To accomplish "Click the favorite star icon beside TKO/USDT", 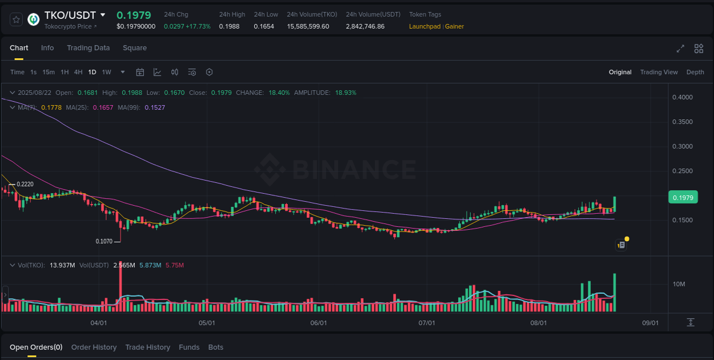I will pyautogui.click(x=17, y=19).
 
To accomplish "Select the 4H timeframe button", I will pyautogui.click(x=78, y=72).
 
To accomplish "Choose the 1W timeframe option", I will pyautogui.click(x=106, y=72).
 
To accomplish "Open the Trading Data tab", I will pyautogui.click(x=88, y=48).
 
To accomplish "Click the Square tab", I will pyautogui.click(x=135, y=48).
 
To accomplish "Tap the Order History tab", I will pyautogui.click(x=94, y=347).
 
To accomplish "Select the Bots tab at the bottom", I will pyautogui.click(x=216, y=347).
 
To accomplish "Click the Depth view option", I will pyautogui.click(x=695, y=72).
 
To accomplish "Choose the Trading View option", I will pyautogui.click(x=659, y=72).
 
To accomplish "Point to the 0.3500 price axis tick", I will pyautogui.click(x=682, y=122).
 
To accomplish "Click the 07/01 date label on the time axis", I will pyautogui.click(x=427, y=323).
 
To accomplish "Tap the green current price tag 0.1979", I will pyautogui.click(x=683, y=198).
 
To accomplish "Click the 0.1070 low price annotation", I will pyautogui.click(x=104, y=242).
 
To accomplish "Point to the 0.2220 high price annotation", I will pyautogui.click(x=25, y=184).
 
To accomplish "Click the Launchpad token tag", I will pyautogui.click(x=424, y=26).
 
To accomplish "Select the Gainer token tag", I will pyautogui.click(x=455, y=26).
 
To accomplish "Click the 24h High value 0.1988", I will pyautogui.click(x=229, y=26).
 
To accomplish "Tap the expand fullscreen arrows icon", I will pyautogui.click(x=680, y=49).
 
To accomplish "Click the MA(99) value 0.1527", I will pyautogui.click(x=155, y=107).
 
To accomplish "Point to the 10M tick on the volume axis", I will pyautogui.click(x=679, y=284).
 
